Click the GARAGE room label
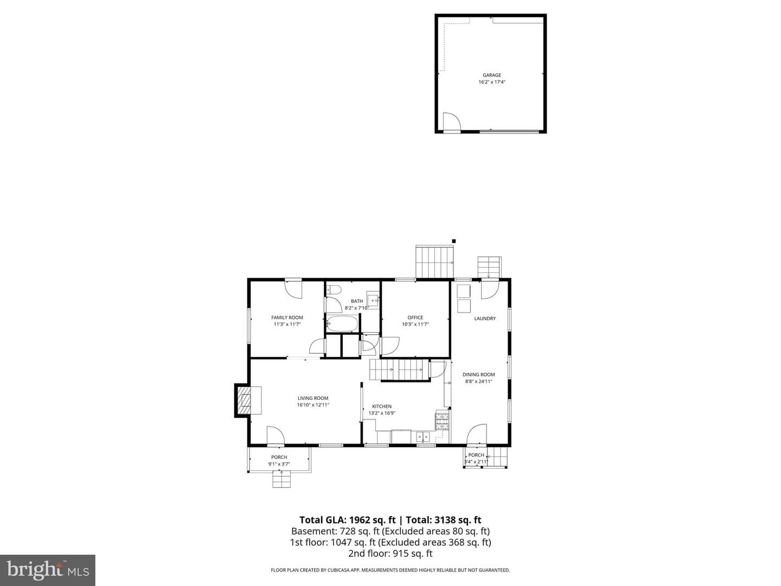tap(491, 75)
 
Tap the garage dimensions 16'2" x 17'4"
tap(491, 82)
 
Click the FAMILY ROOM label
tap(287, 317)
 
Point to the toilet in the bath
tap(334, 290)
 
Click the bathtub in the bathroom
tap(342, 323)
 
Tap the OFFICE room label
tap(415, 317)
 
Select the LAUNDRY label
tap(485, 319)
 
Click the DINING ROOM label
tap(478, 374)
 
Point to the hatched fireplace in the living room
tap(245, 400)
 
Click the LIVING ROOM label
tap(313, 398)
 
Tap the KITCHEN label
tap(382, 406)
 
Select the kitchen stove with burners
tap(442, 421)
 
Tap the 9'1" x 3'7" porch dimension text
tap(279, 464)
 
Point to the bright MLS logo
tap(48, 570)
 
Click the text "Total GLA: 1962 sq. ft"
tap(348, 520)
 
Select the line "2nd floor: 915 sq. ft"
tap(390, 553)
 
